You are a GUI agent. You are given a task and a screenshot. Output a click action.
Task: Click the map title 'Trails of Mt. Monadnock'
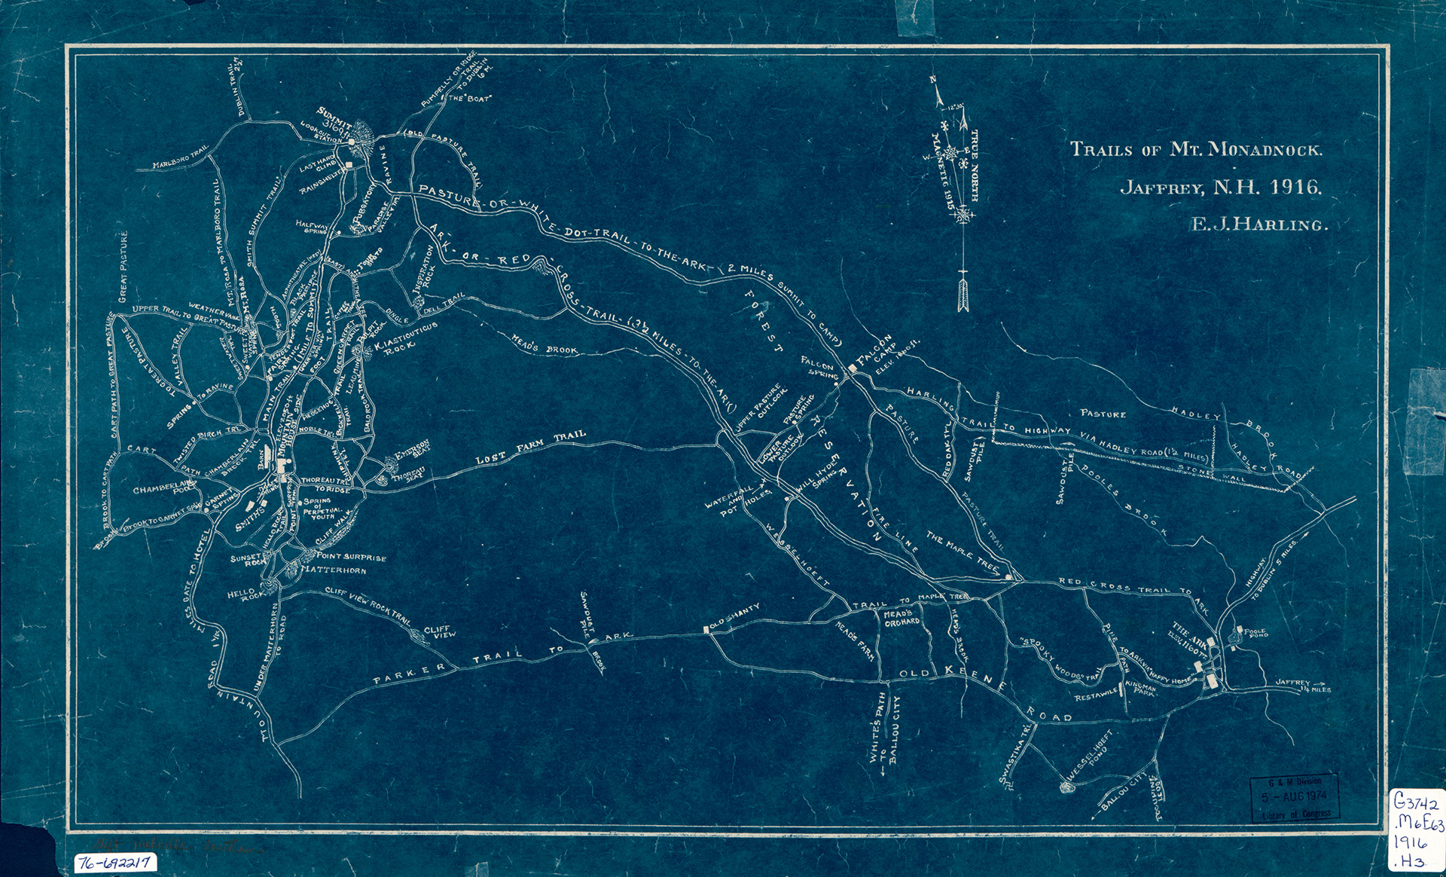(x=1196, y=149)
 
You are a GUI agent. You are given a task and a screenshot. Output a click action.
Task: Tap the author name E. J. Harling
(x=1258, y=225)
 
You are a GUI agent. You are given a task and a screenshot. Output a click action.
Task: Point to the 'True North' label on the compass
(x=975, y=166)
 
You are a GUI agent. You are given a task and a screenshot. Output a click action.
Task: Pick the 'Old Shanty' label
(x=735, y=617)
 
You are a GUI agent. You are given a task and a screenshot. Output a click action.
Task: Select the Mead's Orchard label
(x=901, y=618)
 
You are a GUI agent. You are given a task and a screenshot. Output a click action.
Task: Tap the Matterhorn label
(x=333, y=570)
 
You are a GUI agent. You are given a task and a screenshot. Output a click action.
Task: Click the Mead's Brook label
(x=545, y=345)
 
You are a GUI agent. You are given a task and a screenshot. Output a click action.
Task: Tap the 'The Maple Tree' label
(x=962, y=551)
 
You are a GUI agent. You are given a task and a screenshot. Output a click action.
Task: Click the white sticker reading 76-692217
(x=115, y=862)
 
